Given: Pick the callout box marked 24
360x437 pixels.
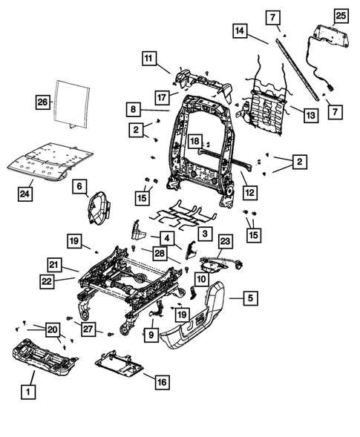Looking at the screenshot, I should click(x=25, y=194).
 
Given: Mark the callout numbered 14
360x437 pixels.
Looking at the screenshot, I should click(x=239, y=30).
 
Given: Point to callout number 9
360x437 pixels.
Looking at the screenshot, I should click(x=151, y=335).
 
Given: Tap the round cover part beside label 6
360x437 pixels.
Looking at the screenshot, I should click(x=97, y=205).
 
